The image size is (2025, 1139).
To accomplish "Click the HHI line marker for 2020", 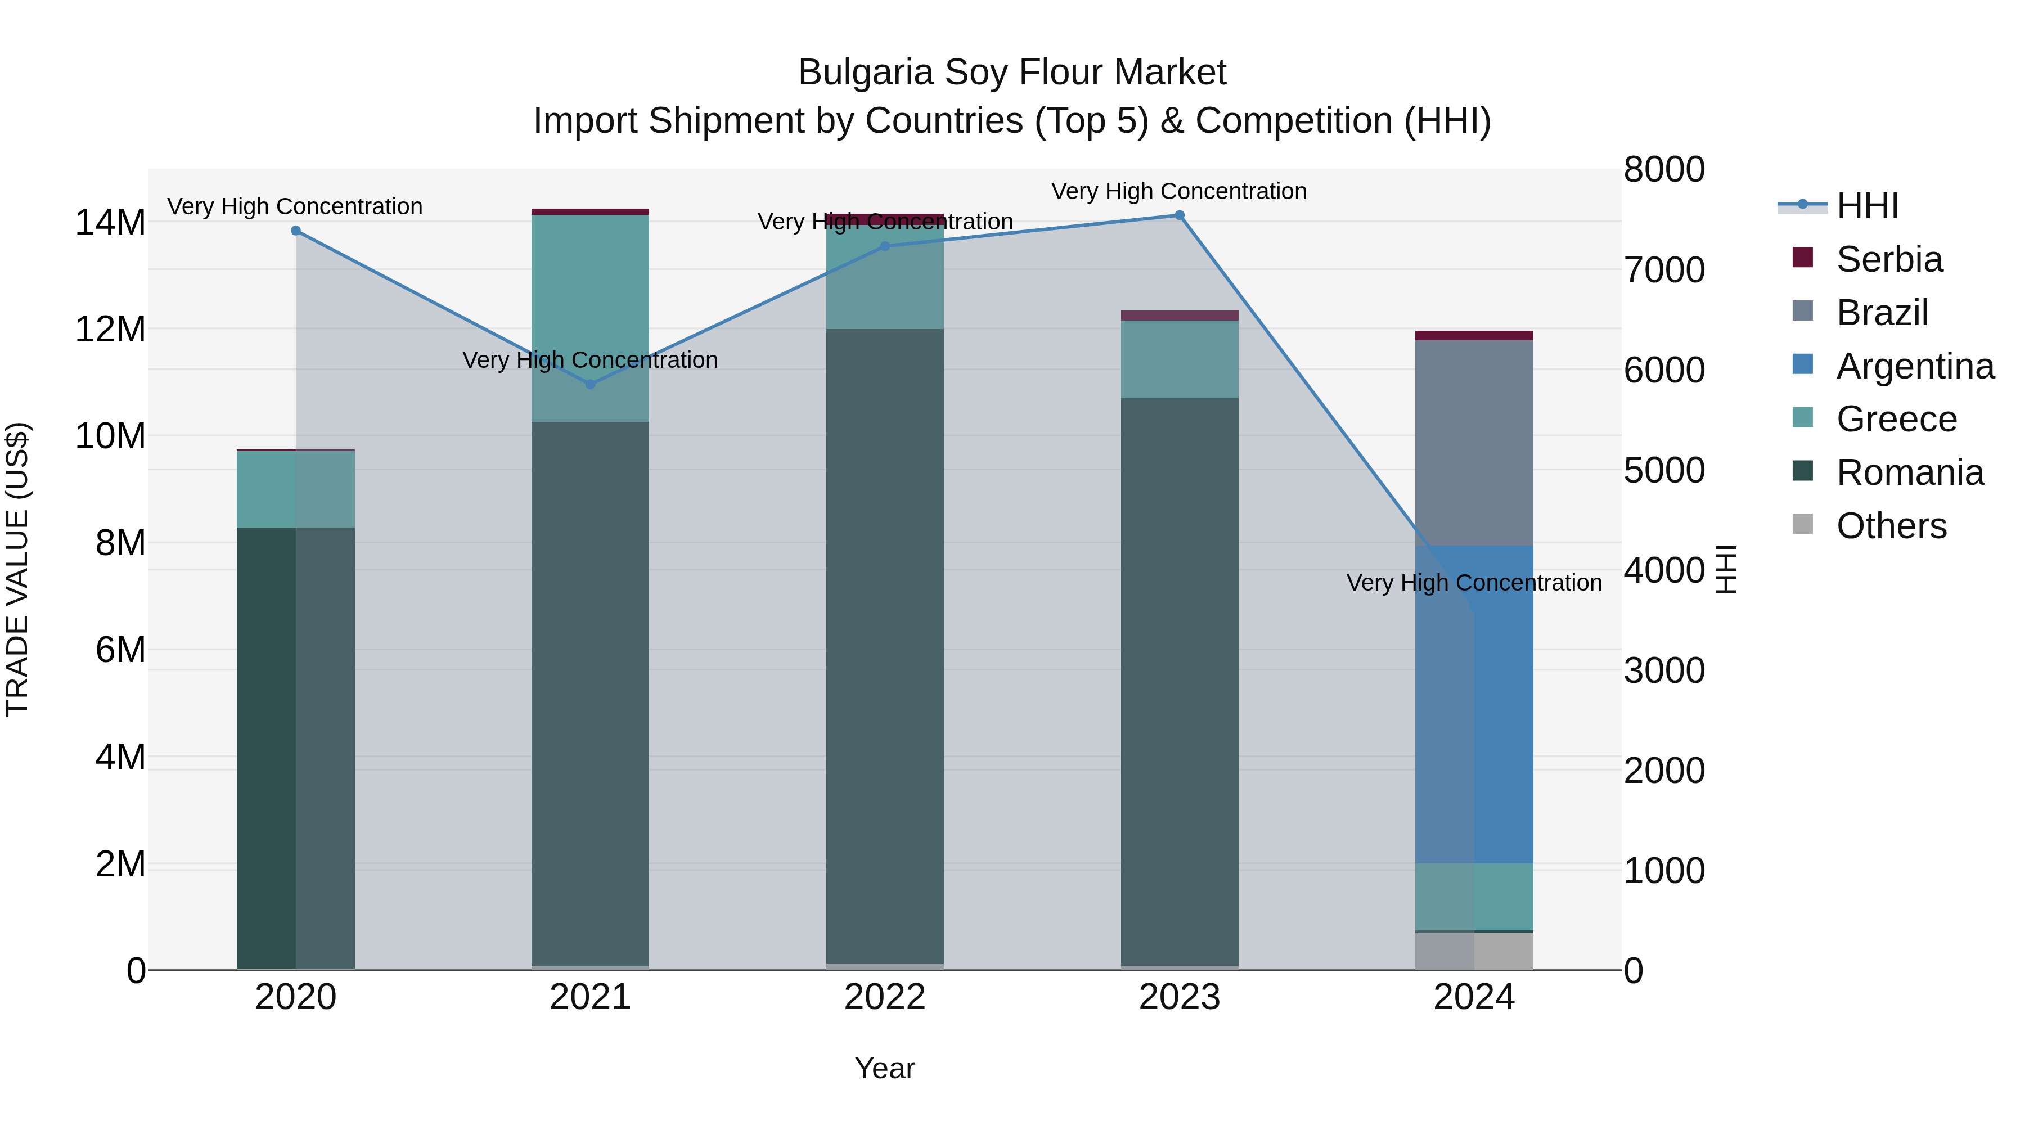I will [x=295, y=230].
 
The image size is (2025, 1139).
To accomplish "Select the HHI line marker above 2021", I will [x=591, y=384].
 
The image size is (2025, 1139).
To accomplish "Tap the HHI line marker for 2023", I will [x=1179, y=215].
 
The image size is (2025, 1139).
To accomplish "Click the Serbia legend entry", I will [x=1888, y=259].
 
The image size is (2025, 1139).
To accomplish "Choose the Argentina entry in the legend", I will [x=1914, y=366].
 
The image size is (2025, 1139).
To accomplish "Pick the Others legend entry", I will [x=1891, y=526].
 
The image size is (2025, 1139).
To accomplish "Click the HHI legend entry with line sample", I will [x=1867, y=206].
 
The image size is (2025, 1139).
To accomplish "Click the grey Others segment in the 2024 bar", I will [x=1474, y=951].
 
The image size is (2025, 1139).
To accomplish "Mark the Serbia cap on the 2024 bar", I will [x=1474, y=336].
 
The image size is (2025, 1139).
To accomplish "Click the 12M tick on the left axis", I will [x=110, y=330].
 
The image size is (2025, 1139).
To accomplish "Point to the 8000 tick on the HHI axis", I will [x=1663, y=170].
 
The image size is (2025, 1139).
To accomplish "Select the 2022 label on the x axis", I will [x=884, y=997].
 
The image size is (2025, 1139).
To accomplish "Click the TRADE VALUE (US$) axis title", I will [x=18, y=569].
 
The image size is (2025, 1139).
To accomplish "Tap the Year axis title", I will [x=884, y=1068].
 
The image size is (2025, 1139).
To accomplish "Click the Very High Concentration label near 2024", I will [x=1474, y=583].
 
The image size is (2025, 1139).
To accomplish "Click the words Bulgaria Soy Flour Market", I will [x=1012, y=73].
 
